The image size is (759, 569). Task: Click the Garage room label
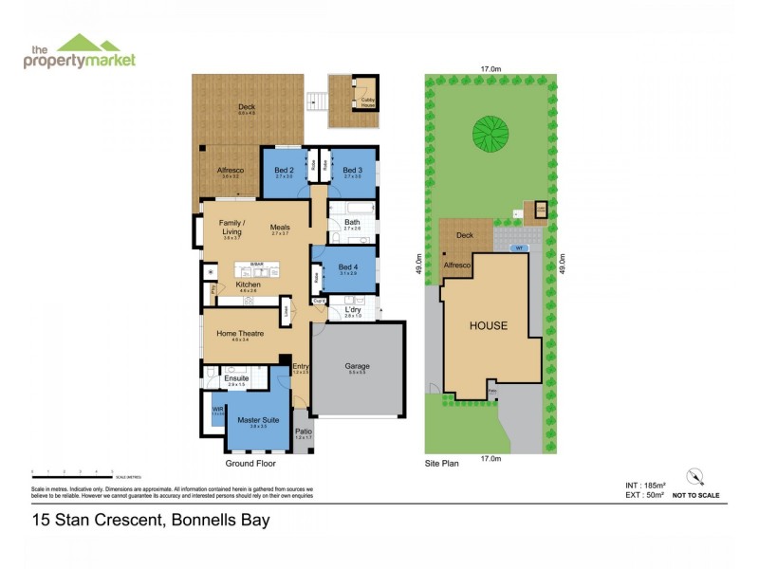pyautogui.click(x=357, y=366)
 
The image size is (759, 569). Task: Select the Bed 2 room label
pyautogui.click(x=282, y=170)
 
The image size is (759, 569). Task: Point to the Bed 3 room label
pyautogui.click(x=353, y=170)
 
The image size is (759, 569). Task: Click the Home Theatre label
pyautogui.click(x=239, y=333)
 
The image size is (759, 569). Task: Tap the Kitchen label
pyautogui.click(x=221, y=284)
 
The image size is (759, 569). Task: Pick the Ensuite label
pyautogui.click(x=236, y=378)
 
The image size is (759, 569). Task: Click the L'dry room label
pyautogui.click(x=352, y=309)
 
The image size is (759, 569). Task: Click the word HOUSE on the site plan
pyautogui.click(x=489, y=325)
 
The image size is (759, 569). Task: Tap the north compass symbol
pyautogui.click(x=695, y=475)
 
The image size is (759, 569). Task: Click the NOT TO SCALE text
pyautogui.click(x=695, y=495)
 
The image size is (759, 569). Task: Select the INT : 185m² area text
pyautogui.click(x=635, y=485)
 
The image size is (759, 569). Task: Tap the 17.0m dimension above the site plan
pyautogui.click(x=491, y=69)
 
